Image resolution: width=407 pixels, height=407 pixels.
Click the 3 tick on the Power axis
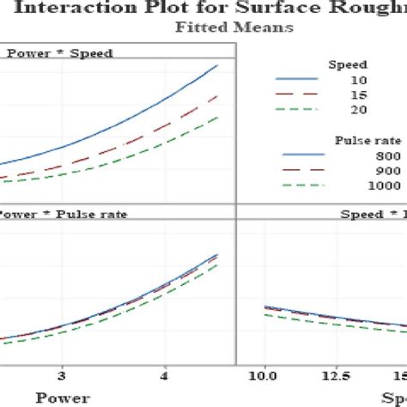62,375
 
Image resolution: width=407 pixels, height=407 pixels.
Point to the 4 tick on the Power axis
165,375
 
